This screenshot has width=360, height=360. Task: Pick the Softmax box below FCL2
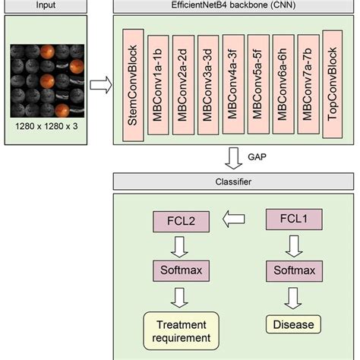pos(179,270)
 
